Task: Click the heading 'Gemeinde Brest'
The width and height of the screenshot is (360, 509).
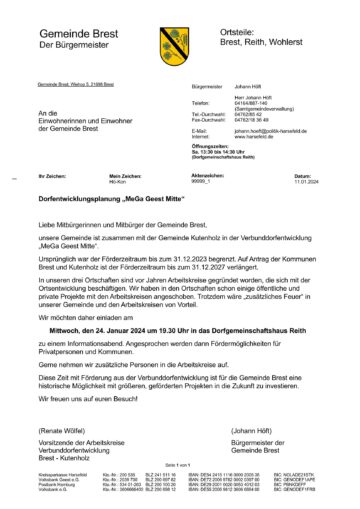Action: tap(79, 33)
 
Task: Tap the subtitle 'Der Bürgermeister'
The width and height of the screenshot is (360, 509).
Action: tap(73, 46)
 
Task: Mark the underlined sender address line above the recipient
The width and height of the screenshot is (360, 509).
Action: tap(79, 87)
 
